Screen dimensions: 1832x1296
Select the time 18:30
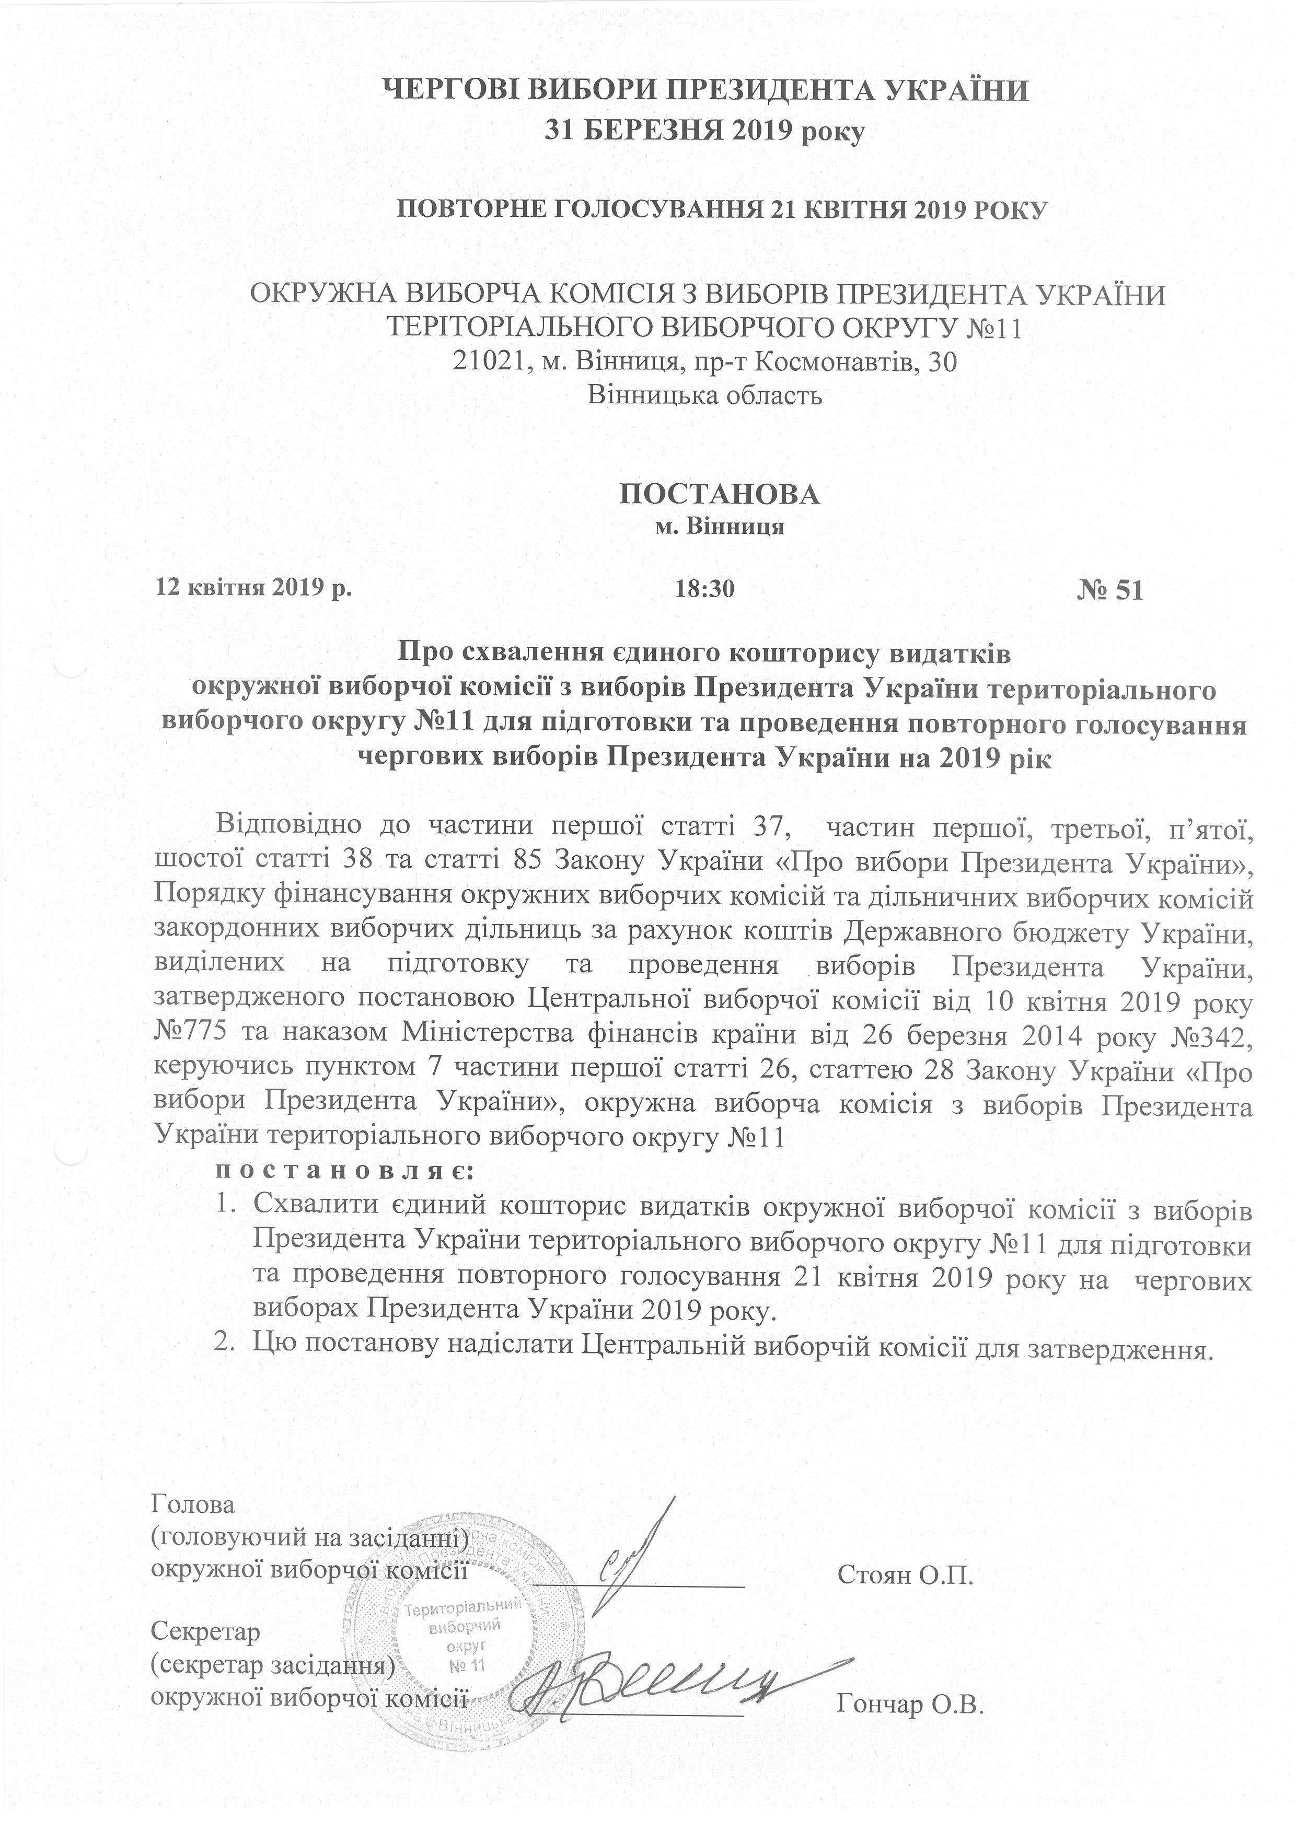704,590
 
